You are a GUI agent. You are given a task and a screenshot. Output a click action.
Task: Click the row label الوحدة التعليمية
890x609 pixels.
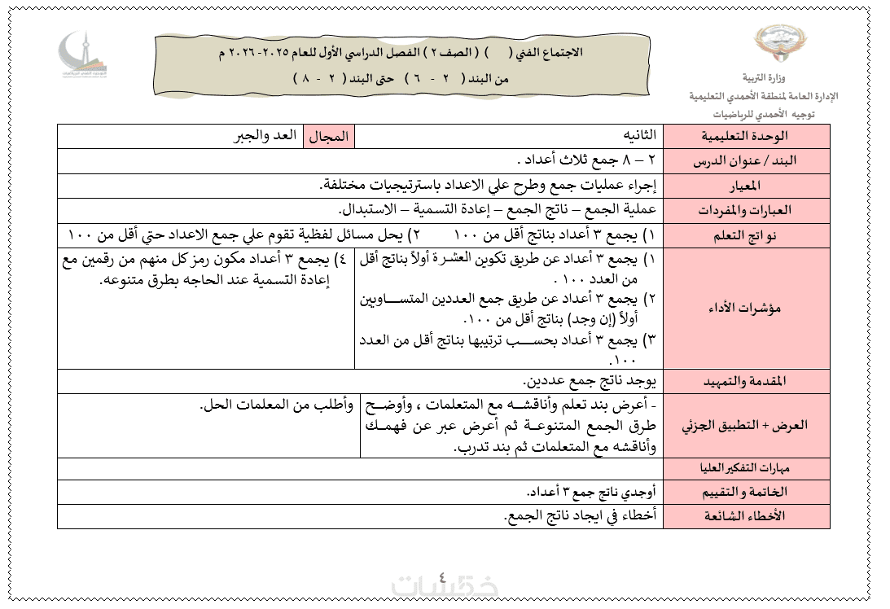(x=747, y=136)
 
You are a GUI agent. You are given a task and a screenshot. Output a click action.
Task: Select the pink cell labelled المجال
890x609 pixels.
(x=329, y=136)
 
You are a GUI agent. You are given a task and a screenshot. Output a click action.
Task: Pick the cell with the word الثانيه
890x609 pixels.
(x=634, y=135)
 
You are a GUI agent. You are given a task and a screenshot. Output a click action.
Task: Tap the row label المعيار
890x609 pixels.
(x=747, y=186)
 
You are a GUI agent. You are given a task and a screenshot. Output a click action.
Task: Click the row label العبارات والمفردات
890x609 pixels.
(x=747, y=210)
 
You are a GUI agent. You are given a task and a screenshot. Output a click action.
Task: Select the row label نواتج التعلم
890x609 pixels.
(x=747, y=234)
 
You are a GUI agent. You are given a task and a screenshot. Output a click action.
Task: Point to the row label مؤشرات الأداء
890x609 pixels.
(x=747, y=308)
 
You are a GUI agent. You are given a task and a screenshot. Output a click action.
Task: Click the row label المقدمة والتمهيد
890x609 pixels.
(x=747, y=381)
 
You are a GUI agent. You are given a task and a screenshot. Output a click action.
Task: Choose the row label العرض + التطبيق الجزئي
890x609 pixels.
(x=747, y=425)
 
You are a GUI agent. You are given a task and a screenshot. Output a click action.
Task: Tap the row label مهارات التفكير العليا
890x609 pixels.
(x=747, y=468)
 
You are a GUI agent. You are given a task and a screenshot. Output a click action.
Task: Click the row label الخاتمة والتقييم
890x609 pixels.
(x=747, y=492)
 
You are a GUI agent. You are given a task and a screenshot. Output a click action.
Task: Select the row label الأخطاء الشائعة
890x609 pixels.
(x=747, y=516)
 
